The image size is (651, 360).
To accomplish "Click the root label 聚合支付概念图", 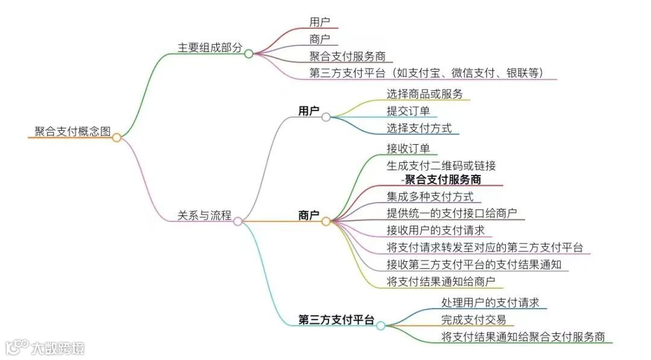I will point(73,132).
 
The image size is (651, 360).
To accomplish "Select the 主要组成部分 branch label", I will point(210,48).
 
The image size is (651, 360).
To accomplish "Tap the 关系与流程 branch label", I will point(204,215).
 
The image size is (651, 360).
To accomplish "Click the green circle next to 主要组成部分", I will point(249,54).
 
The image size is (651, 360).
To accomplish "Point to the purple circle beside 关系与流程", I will point(238,221).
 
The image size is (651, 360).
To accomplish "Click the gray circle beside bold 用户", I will point(326,117).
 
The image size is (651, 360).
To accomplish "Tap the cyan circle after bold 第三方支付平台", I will point(381,326).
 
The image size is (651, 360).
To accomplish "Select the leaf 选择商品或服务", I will point(424,93).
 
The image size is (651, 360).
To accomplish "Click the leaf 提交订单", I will point(408,111).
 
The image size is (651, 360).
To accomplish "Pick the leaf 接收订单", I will point(408,148).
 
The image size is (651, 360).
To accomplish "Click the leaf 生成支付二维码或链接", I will point(441,165).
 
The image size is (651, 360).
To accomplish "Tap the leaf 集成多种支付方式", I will point(430,197).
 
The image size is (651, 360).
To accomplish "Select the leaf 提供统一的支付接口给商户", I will point(451,213).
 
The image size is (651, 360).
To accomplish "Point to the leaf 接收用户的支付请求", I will point(436,230).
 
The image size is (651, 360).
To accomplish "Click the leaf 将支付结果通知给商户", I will point(441,282).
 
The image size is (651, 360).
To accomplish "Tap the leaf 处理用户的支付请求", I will point(490,302).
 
